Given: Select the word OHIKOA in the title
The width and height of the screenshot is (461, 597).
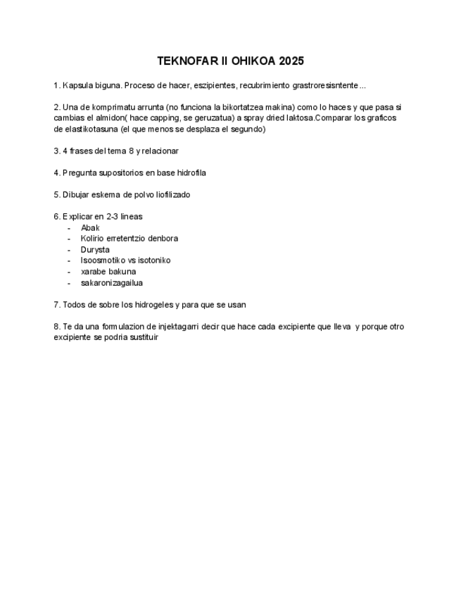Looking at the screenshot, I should pos(252,61).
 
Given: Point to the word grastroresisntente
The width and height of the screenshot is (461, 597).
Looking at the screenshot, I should pos(326,85).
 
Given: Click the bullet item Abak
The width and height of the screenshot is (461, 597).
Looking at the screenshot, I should pos(90,227).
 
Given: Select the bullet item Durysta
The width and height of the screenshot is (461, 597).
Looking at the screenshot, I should pos(95,249).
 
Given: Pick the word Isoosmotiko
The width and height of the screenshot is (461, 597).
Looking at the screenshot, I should pos(103,260).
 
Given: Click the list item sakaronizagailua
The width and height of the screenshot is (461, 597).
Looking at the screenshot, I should pos(112,282).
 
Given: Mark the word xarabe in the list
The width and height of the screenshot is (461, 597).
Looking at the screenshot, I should pos(94,271).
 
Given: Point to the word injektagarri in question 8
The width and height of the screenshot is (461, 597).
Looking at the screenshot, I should pos(167,326).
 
